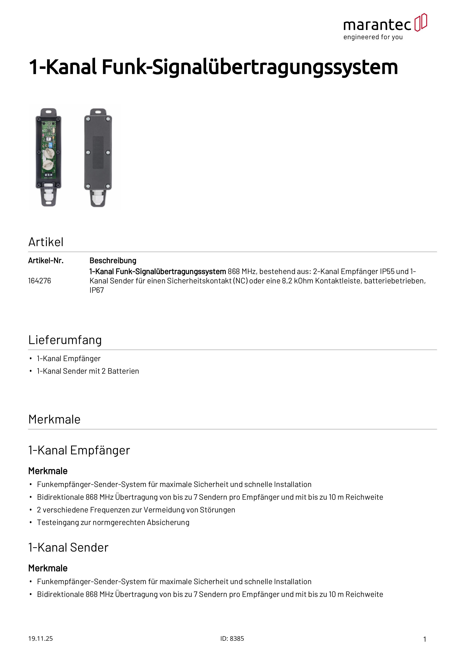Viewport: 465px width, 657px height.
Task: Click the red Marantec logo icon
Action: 420,22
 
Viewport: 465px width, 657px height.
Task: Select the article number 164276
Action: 40,281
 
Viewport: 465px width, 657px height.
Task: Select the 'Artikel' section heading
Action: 46,242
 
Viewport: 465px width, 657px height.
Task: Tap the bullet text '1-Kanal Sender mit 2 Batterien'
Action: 88,371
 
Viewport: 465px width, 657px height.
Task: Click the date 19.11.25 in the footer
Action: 40,638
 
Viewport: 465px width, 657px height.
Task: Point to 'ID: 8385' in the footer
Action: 232,638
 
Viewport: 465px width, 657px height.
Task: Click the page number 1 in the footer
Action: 425,639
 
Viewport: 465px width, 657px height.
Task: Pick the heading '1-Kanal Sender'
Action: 68,547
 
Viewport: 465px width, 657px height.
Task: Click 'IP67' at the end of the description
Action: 97,290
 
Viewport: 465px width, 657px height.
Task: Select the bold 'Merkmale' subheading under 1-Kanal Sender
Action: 48,568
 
